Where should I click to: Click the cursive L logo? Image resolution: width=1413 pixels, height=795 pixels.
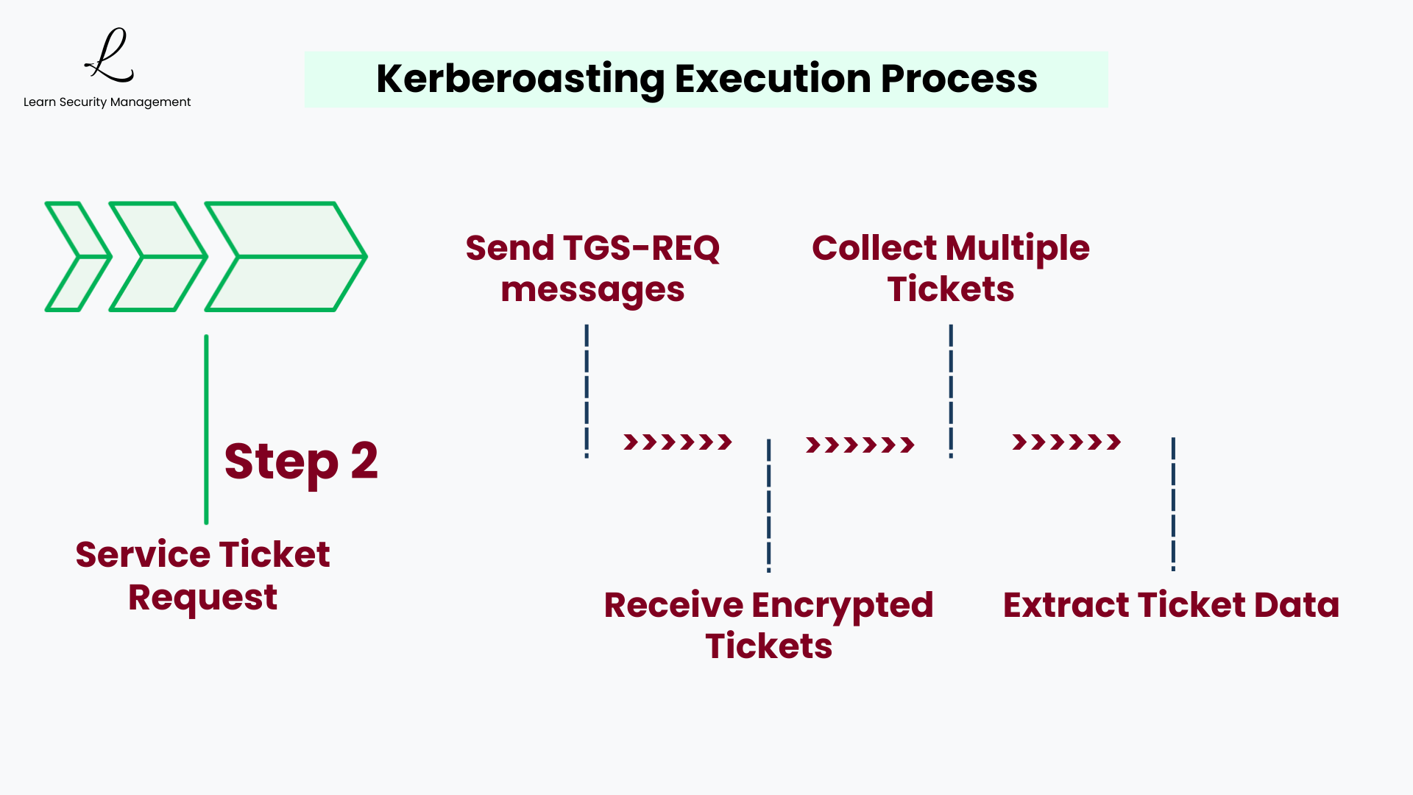[x=109, y=56]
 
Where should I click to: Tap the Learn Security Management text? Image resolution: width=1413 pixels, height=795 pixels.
[x=107, y=102]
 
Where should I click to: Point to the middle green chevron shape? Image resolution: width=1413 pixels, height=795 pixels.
[x=158, y=256]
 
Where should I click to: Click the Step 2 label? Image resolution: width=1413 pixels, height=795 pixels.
[x=301, y=462]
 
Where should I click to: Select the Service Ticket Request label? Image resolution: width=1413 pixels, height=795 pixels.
[x=202, y=576]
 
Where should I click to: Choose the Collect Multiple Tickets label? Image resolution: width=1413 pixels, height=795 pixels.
[x=950, y=268]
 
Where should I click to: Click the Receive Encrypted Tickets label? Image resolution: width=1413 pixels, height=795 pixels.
[x=768, y=625]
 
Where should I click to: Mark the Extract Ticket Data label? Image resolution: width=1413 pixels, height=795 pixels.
[x=1171, y=605]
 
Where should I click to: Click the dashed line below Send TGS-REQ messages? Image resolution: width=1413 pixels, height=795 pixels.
[x=587, y=391]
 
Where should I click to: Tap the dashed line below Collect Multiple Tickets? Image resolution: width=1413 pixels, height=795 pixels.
[x=951, y=391]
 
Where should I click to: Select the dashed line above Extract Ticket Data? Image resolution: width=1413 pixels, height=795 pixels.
[x=1173, y=504]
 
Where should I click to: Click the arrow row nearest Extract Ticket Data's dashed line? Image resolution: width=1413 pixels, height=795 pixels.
[x=1066, y=442]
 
